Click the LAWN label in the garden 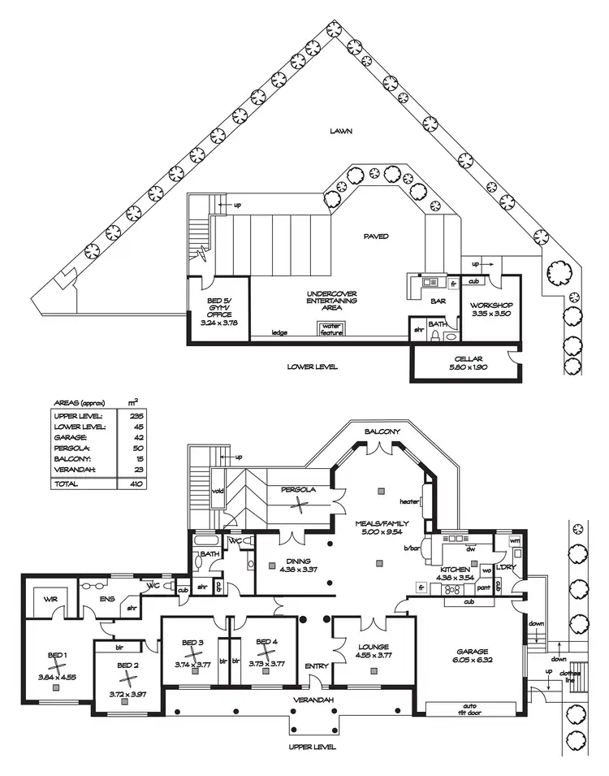[340, 131]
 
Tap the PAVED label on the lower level [376, 236]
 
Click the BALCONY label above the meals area [380, 431]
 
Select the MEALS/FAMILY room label [379, 523]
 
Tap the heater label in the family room [408, 501]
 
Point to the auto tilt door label [469, 709]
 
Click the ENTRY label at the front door [316, 666]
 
